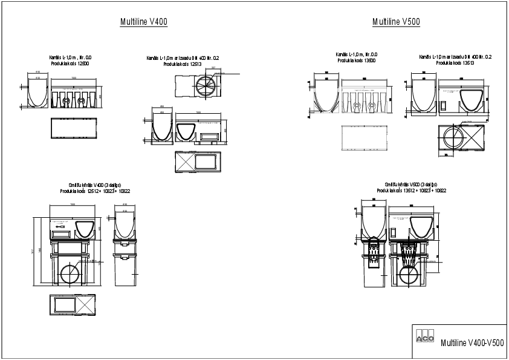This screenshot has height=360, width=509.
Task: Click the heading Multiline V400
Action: coord(143,22)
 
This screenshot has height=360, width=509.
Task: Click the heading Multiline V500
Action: coord(396,22)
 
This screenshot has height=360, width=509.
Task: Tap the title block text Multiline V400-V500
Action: coord(472,343)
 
